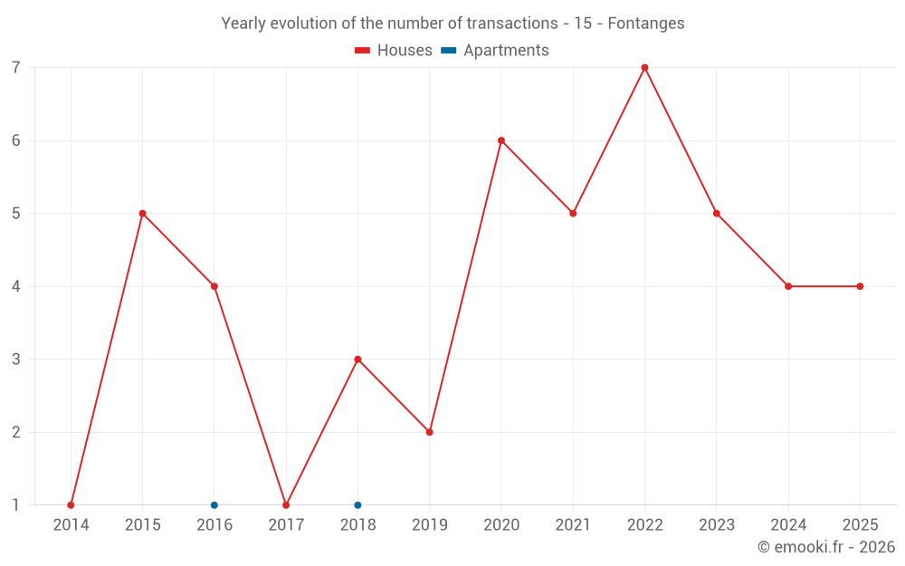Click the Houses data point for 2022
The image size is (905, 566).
coord(644,68)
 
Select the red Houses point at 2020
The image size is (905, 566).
coord(501,140)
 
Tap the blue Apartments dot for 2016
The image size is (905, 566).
coord(214,505)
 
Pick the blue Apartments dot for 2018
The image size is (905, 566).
coord(357,505)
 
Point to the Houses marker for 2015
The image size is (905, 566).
coord(142,214)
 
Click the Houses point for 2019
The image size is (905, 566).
coord(430,432)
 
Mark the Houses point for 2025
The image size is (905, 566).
coord(860,286)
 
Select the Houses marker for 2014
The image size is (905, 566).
coord(71,505)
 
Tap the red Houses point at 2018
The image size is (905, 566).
coord(357,360)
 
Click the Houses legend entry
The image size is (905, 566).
coord(394,51)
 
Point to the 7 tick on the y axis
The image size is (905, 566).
coord(16,68)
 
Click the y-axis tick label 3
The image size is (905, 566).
coord(16,360)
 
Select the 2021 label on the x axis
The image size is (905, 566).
coord(573,525)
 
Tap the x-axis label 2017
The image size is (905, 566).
coord(286,525)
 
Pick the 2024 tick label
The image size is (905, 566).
coord(788,525)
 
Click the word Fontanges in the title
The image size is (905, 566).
coord(646,24)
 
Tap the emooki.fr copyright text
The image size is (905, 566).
coord(826,547)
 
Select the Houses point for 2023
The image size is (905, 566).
coord(717,214)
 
